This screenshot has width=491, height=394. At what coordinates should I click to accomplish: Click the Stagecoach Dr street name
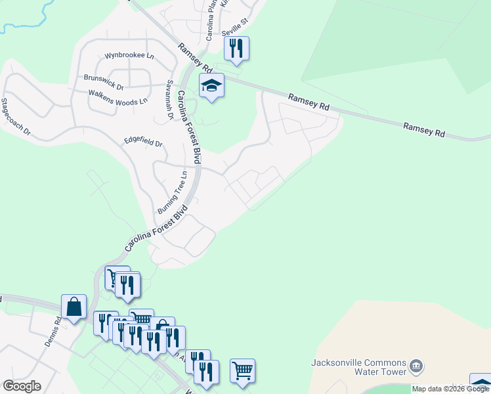(x=16, y=117)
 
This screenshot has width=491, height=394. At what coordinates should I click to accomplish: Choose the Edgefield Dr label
(x=144, y=142)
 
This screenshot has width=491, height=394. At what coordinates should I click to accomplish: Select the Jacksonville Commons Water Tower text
(x=354, y=367)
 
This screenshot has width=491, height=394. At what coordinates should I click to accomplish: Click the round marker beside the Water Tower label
(x=415, y=366)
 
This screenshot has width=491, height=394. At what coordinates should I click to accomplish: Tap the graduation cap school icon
(x=211, y=85)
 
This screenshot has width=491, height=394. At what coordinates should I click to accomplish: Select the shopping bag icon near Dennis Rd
(x=74, y=306)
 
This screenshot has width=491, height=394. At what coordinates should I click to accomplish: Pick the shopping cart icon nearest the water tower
(x=242, y=370)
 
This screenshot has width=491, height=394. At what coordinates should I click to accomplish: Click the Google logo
(x=22, y=385)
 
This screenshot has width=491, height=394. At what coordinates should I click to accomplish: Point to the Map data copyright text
(x=450, y=389)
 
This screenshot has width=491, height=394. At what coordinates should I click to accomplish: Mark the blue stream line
(x=30, y=20)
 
